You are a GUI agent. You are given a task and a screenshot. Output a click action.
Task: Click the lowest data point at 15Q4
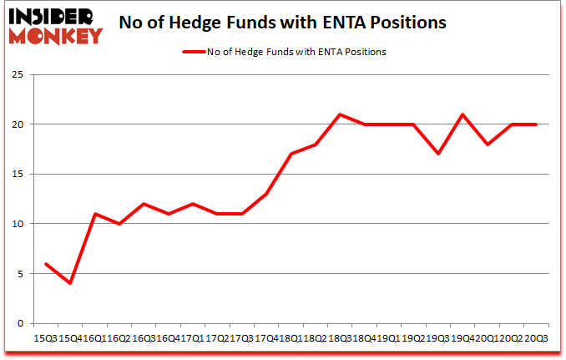pos(71,283)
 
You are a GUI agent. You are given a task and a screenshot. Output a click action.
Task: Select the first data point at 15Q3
pos(47,263)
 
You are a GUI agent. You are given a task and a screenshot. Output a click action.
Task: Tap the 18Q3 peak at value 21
pos(341,114)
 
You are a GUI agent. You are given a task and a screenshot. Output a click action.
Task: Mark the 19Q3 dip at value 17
pos(438,154)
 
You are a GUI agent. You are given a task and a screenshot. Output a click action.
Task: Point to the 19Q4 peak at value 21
pos(462,114)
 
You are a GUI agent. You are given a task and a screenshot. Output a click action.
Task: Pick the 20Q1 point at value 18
pos(487,144)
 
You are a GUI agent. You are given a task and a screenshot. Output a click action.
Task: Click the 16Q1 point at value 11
pos(96,214)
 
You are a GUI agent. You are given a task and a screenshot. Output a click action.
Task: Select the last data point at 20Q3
pos(536,124)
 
